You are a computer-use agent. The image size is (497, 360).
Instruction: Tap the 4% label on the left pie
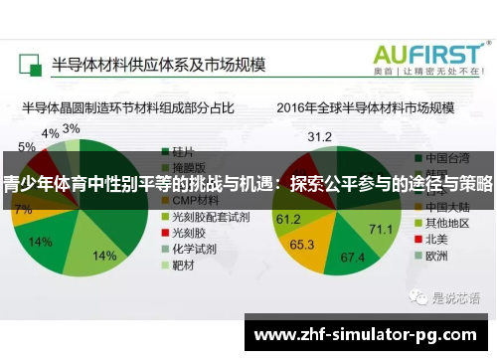pyautogui.click(x=49, y=132)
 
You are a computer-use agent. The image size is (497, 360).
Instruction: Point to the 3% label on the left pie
pyautogui.click(x=72, y=128)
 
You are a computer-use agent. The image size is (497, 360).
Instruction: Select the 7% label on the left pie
pyautogui.click(x=22, y=210)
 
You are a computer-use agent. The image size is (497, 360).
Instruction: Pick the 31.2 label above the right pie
pyautogui.click(x=320, y=135)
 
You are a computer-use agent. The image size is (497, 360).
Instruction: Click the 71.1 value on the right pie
pyautogui.click(x=381, y=230)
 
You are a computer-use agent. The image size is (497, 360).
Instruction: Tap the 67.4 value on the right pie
pyautogui.click(x=354, y=258)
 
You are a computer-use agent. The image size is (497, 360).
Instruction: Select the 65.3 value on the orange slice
pyautogui.click(x=302, y=243)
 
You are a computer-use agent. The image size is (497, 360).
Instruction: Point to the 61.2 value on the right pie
pyautogui.click(x=288, y=218)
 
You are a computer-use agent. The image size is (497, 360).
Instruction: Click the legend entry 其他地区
pyautogui.click(x=445, y=223)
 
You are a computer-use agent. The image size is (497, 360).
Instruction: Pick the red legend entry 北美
pyautogui.click(x=438, y=239)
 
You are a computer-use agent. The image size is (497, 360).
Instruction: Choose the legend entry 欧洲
pyautogui.click(x=438, y=256)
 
